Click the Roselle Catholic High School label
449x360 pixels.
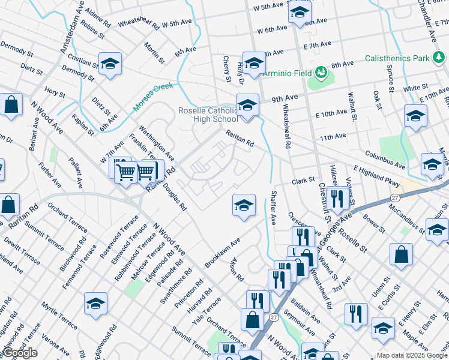click(208, 115)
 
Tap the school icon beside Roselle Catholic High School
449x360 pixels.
click(247, 105)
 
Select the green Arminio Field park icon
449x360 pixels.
click(322, 73)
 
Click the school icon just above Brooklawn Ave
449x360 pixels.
click(244, 205)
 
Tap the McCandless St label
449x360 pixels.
click(407, 218)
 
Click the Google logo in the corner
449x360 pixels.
click(20, 353)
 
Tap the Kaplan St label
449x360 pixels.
click(83, 125)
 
